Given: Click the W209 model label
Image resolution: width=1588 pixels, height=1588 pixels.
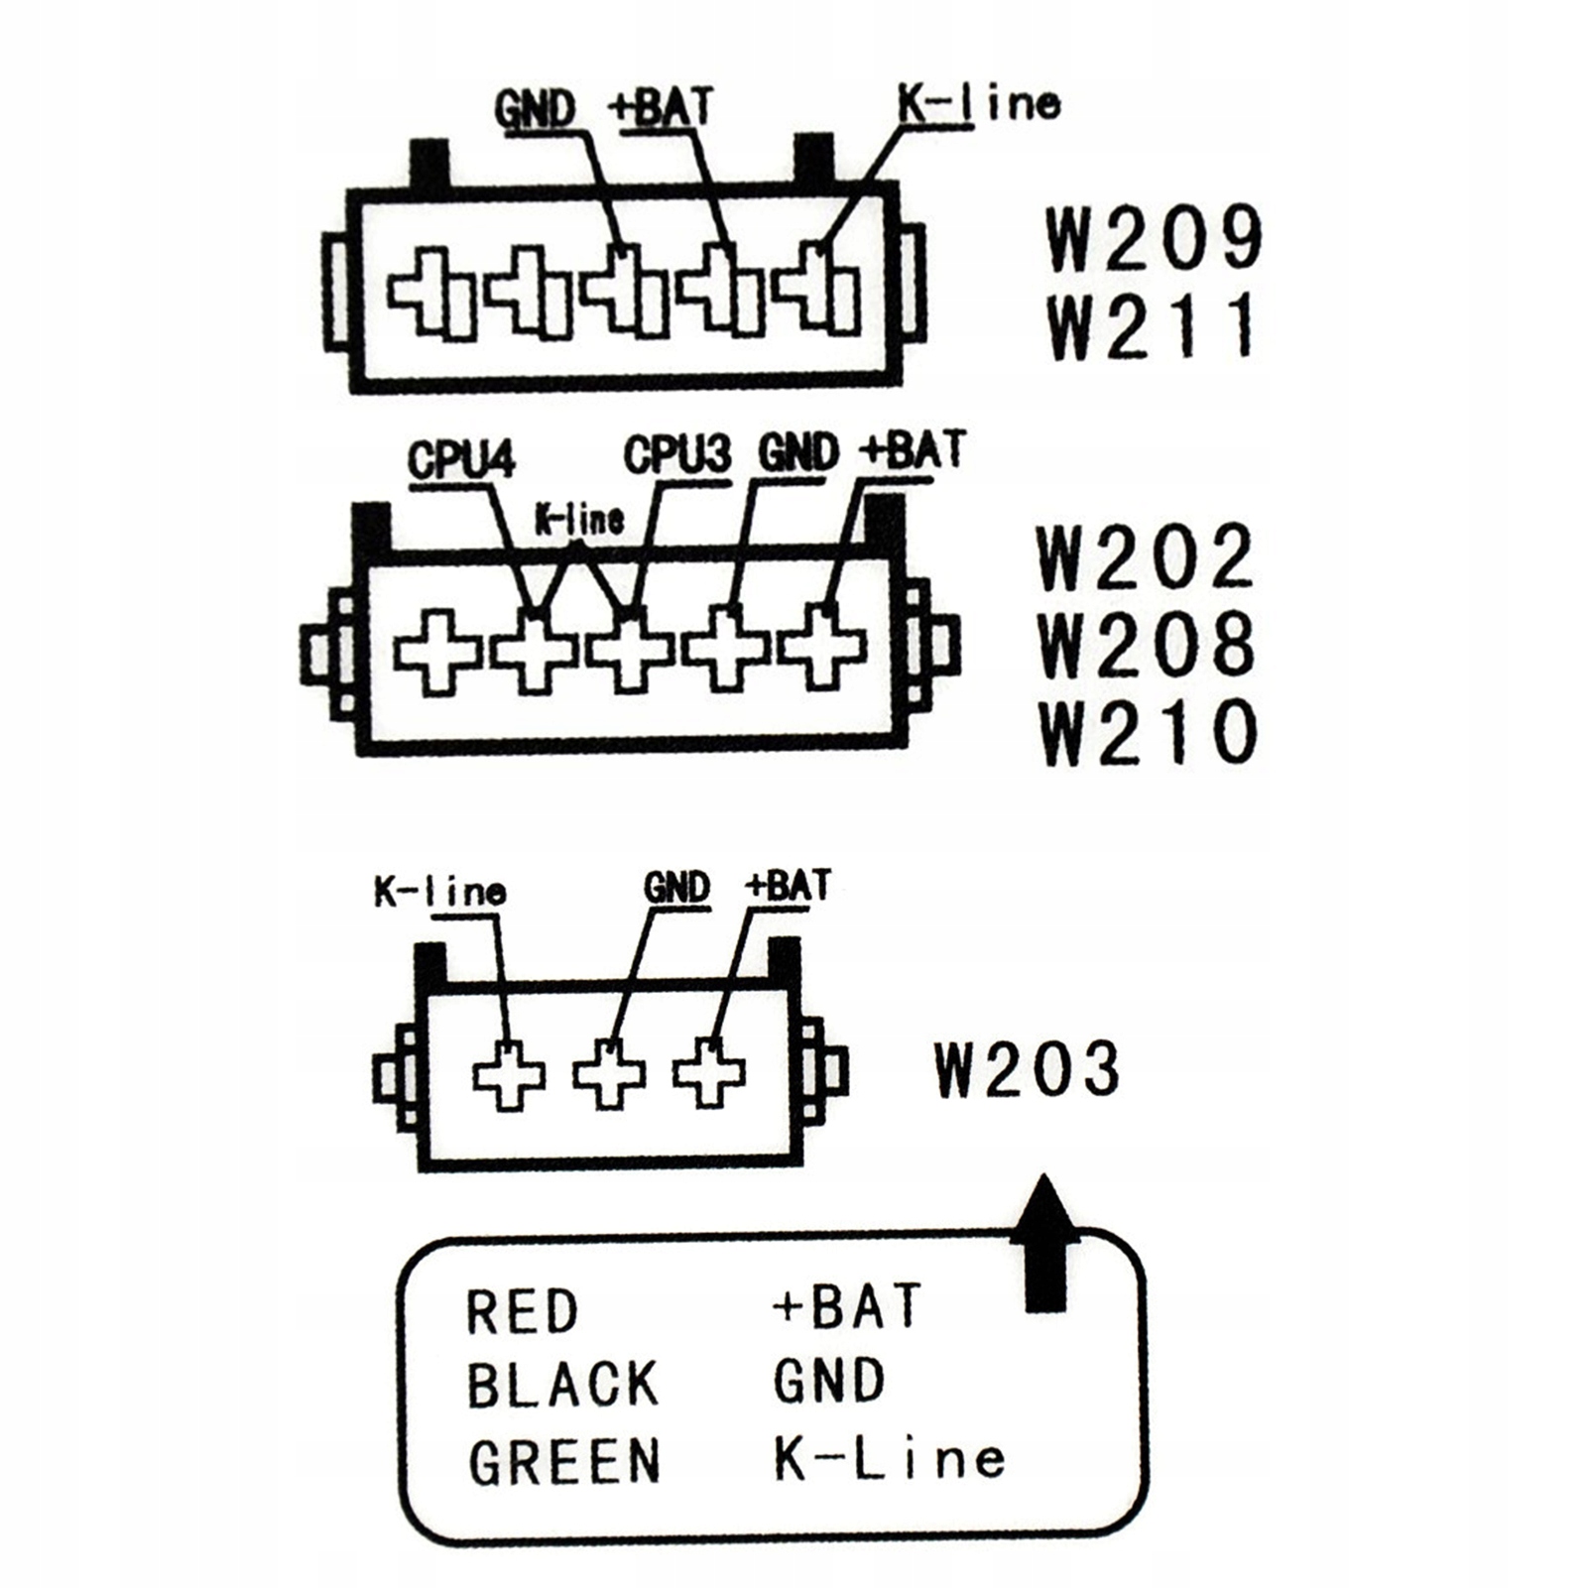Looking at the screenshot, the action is tap(1155, 237).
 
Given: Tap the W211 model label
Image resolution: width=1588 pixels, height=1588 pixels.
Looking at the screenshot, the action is tap(1151, 326).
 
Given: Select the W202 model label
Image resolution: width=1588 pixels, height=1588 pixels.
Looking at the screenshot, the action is tap(1146, 556).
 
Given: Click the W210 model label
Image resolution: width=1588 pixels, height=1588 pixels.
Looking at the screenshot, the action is tap(1149, 732).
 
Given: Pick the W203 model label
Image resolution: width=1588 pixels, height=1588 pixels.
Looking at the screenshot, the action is tap(1028, 1068).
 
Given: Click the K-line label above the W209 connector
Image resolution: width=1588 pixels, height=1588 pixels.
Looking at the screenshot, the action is tap(978, 103).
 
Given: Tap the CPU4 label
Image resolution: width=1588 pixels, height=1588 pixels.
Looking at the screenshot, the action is tap(460, 460).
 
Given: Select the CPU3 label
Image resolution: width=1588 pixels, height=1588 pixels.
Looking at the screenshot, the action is tap(677, 454).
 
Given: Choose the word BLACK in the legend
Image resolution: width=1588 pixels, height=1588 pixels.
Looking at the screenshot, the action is tap(562, 1385).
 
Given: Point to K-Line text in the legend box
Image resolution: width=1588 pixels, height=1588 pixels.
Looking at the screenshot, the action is tap(889, 1459).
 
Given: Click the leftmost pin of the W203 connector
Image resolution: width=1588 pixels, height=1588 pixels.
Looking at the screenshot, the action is tap(509, 1074).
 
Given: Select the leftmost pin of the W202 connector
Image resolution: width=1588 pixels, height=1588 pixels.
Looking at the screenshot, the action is tap(437, 652).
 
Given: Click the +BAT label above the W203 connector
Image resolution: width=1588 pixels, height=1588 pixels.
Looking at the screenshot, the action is tap(788, 885).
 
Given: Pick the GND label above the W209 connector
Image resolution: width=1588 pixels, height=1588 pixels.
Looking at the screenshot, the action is tap(535, 109).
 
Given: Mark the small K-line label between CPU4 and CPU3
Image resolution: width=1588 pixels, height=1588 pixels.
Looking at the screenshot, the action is tap(579, 519).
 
